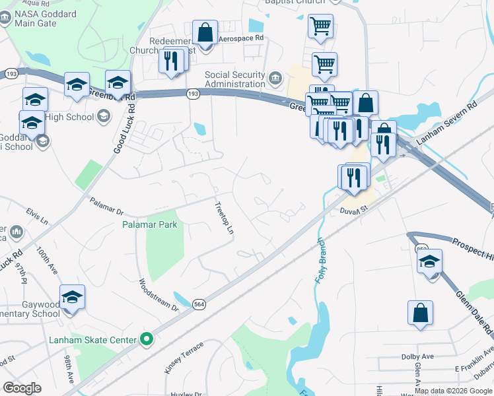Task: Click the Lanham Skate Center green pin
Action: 147,341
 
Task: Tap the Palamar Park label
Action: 150,225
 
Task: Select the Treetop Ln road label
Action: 225,218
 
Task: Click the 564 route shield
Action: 199,304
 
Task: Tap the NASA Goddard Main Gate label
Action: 40,18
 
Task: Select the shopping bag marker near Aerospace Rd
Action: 205,32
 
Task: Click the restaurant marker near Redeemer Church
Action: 171,60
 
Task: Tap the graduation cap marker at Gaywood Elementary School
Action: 73,297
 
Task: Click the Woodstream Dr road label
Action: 158,295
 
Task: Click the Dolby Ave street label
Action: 417,356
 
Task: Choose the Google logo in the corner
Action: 22,388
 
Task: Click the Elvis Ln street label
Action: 37,217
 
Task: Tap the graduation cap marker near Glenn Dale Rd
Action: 429,261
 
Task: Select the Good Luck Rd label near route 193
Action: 124,125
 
